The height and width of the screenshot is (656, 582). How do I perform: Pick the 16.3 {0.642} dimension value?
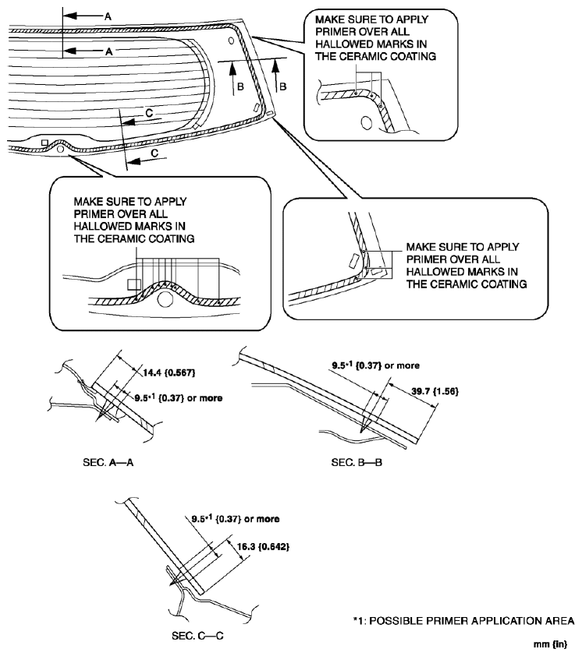pyautogui.click(x=259, y=548)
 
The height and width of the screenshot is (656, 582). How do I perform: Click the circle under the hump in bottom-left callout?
pyautogui.click(x=165, y=298)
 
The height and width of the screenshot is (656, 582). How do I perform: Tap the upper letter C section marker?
pyautogui.click(x=149, y=115)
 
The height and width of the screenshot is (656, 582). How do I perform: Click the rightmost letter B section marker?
pyautogui.click(x=282, y=86)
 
